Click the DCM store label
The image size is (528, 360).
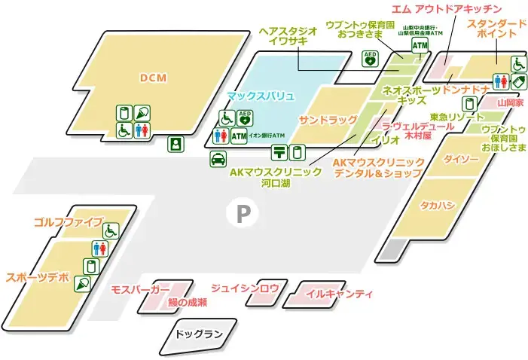(x=152, y=78)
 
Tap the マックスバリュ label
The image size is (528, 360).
(x=260, y=96)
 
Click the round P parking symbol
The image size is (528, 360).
(x=243, y=214)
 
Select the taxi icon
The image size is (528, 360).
(x=217, y=158)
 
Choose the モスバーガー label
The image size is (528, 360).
(x=140, y=289)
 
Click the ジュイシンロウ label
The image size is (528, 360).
(x=245, y=288)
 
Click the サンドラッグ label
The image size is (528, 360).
(x=328, y=121)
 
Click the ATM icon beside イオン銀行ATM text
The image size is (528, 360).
(x=239, y=136)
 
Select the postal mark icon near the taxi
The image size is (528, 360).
(x=279, y=152)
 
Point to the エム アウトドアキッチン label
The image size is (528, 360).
(x=447, y=9)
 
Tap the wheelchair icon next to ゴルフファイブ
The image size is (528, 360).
(x=111, y=230)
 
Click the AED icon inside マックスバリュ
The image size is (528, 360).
(x=244, y=117)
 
